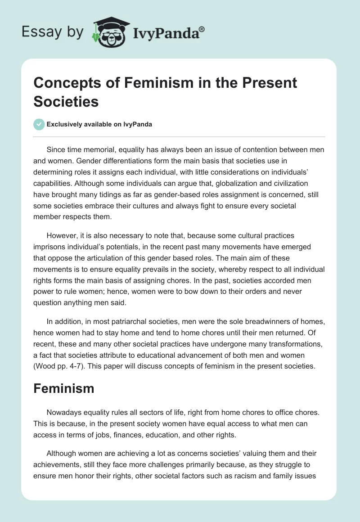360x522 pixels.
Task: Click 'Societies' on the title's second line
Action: point(66,101)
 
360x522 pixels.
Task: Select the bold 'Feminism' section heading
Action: point(64,388)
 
